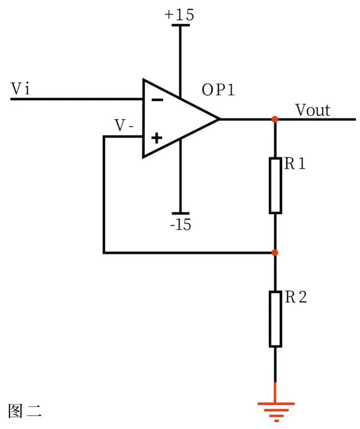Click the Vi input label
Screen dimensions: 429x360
coord(21,89)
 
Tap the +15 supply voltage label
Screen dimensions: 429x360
coord(179,15)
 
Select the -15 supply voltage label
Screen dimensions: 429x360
coord(180,225)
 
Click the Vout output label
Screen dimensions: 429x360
coord(312,110)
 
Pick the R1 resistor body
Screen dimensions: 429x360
coord(275,185)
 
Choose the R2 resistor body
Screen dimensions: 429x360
coord(275,319)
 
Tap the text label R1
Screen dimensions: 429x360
coord(294,165)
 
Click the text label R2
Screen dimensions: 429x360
coord(295,297)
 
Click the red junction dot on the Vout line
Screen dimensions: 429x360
coord(275,119)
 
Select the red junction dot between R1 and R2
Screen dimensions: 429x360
coord(275,253)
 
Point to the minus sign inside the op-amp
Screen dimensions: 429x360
coord(157,100)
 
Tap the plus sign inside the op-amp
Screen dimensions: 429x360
coord(157,137)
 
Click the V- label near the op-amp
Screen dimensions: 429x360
coord(124,126)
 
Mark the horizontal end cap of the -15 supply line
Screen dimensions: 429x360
coord(180,213)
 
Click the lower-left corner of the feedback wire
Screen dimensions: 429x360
coord(104,253)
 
